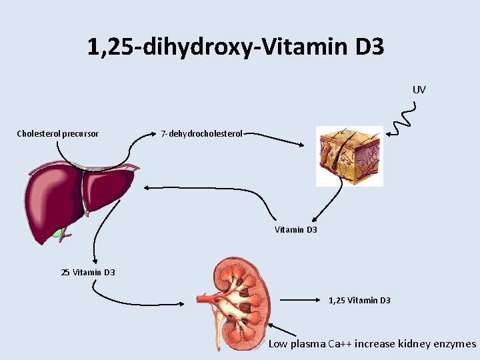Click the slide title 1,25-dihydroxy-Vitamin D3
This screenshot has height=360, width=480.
tap(235, 47)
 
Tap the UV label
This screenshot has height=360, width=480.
tap(419, 89)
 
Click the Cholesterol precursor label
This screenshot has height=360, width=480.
tap(57, 134)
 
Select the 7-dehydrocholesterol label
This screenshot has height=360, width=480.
tap(202, 134)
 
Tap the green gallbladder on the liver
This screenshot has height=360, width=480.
tap(60, 233)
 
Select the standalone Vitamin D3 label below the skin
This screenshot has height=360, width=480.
tap(296, 230)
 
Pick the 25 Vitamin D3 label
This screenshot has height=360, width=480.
tap(88, 272)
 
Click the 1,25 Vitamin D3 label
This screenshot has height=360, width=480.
tap(359, 301)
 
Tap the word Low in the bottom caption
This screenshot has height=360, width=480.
tap(277, 344)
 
